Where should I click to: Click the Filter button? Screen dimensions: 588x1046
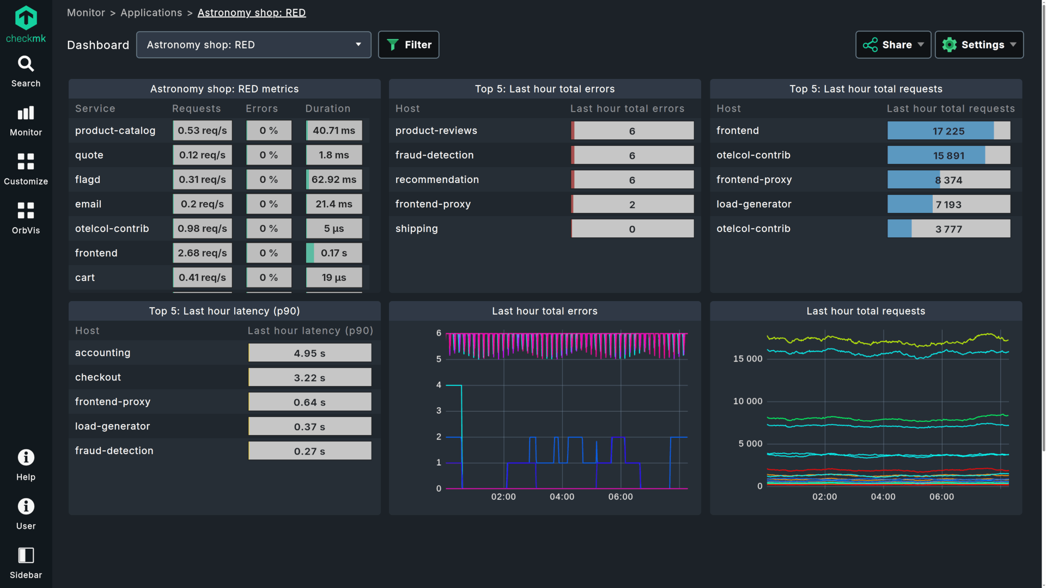[409, 45]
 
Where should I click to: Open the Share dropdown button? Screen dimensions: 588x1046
[893, 45]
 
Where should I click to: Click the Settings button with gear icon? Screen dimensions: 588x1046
[979, 45]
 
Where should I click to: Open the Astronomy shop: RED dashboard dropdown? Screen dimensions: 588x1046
[253, 45]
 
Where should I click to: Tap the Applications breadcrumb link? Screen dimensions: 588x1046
[151, 13]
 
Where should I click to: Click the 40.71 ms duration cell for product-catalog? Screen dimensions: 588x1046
[334, 131]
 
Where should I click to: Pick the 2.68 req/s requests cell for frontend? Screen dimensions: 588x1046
[202, 253]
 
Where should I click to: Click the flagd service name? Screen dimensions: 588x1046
[88, 180]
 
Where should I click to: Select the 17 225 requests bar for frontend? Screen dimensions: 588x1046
[948, 131]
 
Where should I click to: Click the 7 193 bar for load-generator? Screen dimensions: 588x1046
[948, 205]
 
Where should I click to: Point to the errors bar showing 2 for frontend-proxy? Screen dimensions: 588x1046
[632, 205]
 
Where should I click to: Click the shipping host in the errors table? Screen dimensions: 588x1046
[417, 229]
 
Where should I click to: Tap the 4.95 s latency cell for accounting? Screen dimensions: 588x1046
[309, 353]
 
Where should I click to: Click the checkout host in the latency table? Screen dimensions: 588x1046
[98, 377]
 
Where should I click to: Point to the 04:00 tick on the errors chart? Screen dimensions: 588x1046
[562, 497]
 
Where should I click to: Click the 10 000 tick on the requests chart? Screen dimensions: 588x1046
[747, 401]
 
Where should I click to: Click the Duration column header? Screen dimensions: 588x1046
[327, 108]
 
